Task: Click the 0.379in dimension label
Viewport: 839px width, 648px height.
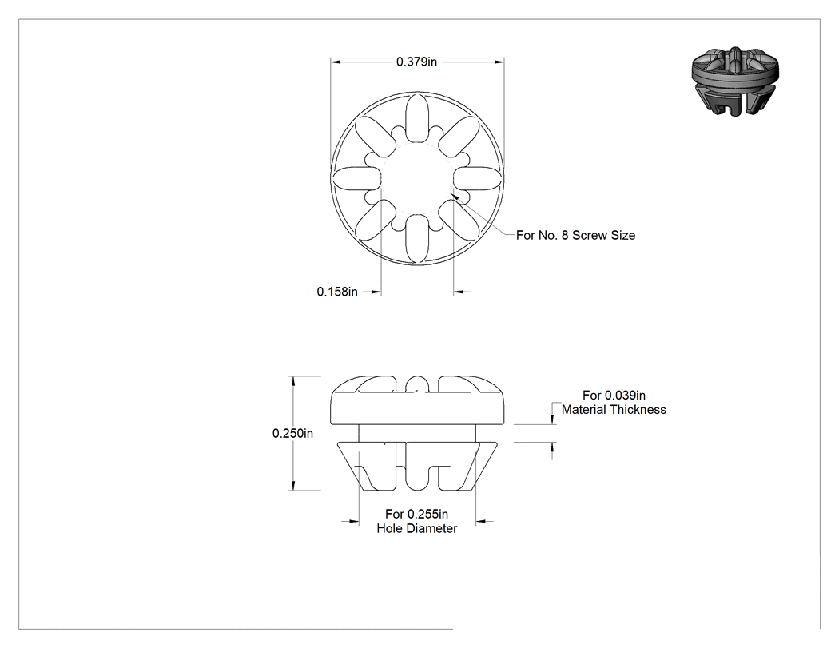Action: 416,62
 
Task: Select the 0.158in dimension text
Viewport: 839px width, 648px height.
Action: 337,292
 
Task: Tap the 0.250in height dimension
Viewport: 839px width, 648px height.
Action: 292,433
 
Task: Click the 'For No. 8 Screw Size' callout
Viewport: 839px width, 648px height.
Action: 576,235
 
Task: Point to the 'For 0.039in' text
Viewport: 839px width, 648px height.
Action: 614,395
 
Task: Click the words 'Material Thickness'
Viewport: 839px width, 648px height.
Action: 614,409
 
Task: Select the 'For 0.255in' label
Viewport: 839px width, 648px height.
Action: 417,514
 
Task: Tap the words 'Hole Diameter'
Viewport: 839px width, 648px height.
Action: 417,528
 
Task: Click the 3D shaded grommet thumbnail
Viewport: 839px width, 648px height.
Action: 735,81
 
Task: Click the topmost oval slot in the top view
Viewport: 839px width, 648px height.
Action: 417,117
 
